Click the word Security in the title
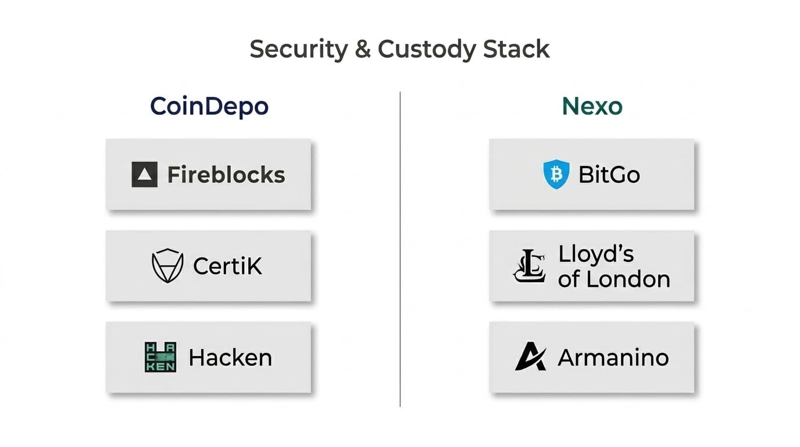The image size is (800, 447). pyautogui.click(x=299, y=49)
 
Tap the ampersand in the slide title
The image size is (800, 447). pyautogui.click(x=363, y=49)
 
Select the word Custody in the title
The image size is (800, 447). pyautogui.click(x=426, y=49)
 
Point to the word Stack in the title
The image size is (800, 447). pyautogui.click(x=516, y=49)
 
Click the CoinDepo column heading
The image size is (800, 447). pyautogui.click(x=209, y=106)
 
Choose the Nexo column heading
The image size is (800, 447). pyautogui.click(x=592, y=106)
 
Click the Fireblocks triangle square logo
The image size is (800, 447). pyautogui.click(x=145, y=175)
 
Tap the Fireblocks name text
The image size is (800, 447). pyautogui.click(x=226, y=175)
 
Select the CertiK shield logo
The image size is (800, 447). pyautogui.click(x=167, y=265)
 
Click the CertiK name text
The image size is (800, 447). pyautogui.click(x=227, y=266)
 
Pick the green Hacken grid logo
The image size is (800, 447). pyautogui.click(x=160, y=357)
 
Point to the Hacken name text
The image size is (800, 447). pyautogui.click(x=230, y=357)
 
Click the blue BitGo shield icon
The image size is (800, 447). pyautogui.click(x=556, y=174)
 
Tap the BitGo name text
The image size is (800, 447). pyautogui.click(x=609, y=175)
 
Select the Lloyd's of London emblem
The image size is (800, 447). pyautogui.click(x=529, y=266)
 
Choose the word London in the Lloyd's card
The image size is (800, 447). pyautogui.click(x=628, y=279)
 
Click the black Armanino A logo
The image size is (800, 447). pyautogui.click(x=530, y=356)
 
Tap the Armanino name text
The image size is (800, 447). pyautogui.click(x=613, y=357)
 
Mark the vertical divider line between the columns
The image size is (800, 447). pyautogui.click(x=400, y=249)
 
